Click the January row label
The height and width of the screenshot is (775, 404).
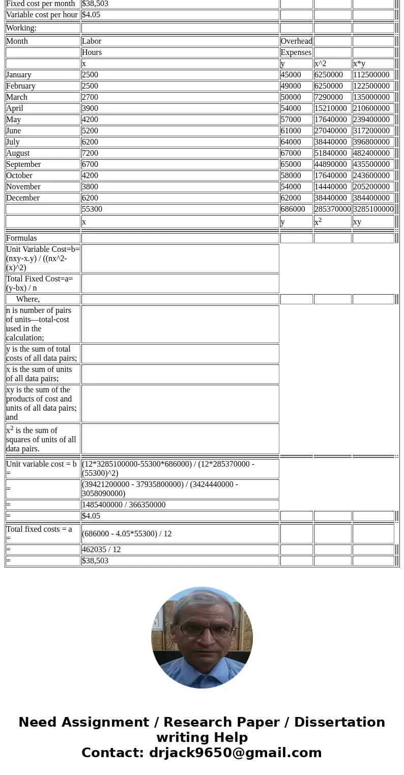pos(19,75)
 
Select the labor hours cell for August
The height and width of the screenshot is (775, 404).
pos(90,153)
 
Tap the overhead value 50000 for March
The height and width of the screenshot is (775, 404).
pos(291,97)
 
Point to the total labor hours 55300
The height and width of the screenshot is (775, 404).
pos(92,209)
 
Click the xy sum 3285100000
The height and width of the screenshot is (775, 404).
pos(373,209)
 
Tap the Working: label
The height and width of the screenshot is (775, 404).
pos(21,28)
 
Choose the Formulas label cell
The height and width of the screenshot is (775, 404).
pos(21,238)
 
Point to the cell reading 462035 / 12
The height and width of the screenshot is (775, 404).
pos(101,550)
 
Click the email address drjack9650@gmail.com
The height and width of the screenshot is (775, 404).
pos(235,753)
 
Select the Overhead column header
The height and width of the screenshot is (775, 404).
pos(297,41)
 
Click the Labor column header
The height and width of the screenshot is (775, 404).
pos(92,41)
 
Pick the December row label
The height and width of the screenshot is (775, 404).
pos(23,198)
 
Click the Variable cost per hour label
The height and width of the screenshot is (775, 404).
pos(42,15)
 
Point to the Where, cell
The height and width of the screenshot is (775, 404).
pos(28,299)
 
